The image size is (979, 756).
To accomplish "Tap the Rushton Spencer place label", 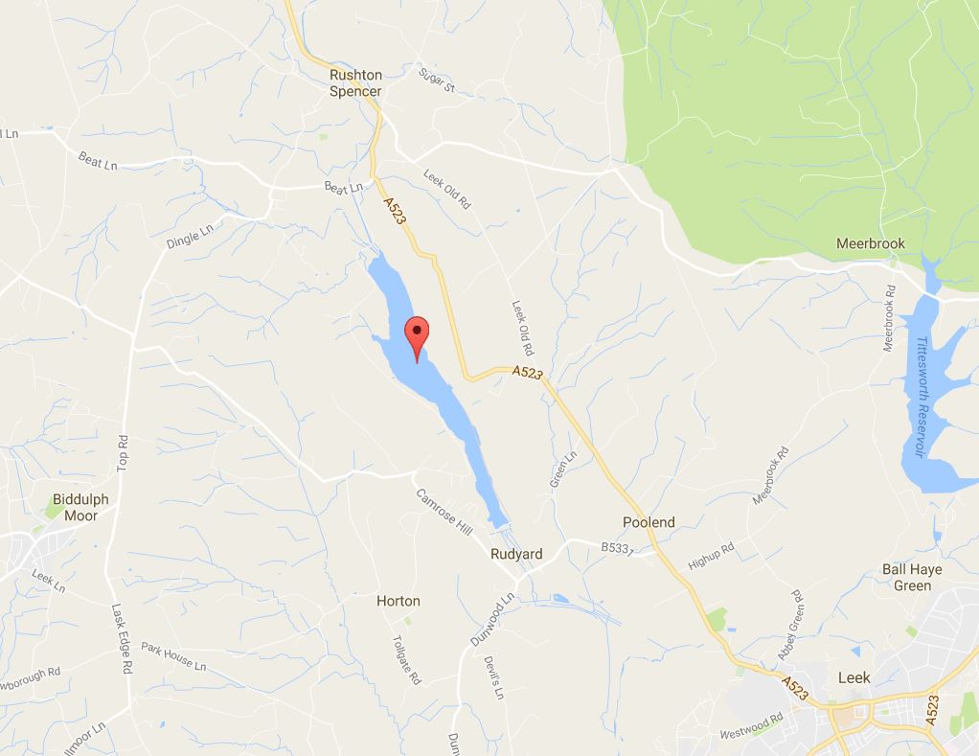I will tap(355, 83).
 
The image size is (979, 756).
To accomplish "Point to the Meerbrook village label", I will tap(870, 243).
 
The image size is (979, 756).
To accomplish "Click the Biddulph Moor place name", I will tap(80, 507).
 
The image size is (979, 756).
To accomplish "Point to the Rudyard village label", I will tap(516, 554).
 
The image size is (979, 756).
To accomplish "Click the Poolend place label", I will tap(649, 522).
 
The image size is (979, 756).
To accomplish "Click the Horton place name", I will tap(398, 601).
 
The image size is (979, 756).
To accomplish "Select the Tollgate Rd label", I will tap(406, 660).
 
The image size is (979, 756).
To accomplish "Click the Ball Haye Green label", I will tap(912, 577).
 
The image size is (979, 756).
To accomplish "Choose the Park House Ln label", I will tap(173, 656).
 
